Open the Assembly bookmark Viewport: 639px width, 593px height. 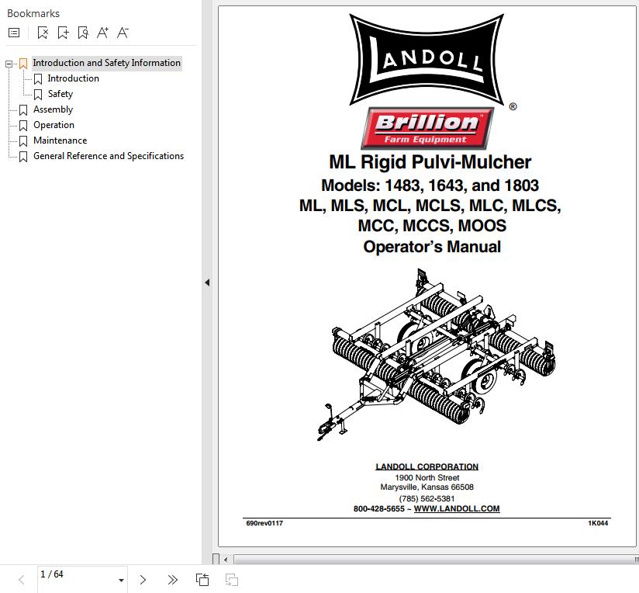(53, 109)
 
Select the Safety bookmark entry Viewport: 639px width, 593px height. (60, 94)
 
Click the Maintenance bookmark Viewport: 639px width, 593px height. (60, 140)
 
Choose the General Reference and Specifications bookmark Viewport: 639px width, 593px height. (109, 156)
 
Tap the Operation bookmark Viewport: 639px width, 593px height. (54, 125)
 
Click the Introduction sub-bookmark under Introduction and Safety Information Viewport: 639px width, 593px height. (74, 78)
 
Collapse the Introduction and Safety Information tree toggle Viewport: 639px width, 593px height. (9, 64)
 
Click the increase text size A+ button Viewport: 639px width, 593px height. (102, 33)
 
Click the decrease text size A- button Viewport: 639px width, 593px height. (123, 33)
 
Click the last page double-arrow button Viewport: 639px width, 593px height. (172, 580)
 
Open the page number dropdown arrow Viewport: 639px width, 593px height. (121, 580)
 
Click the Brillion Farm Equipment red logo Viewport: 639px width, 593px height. (427, 128)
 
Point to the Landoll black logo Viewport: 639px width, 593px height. (427, 60)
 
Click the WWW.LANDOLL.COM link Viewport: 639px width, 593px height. (457, 508)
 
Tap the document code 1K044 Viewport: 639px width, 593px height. (598, 523)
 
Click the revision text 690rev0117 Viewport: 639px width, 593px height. (264, 523)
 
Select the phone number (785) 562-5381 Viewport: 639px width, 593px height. (427, 498)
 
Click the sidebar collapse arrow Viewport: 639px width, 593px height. (207, 283)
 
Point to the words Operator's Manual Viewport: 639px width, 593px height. (432, 247)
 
